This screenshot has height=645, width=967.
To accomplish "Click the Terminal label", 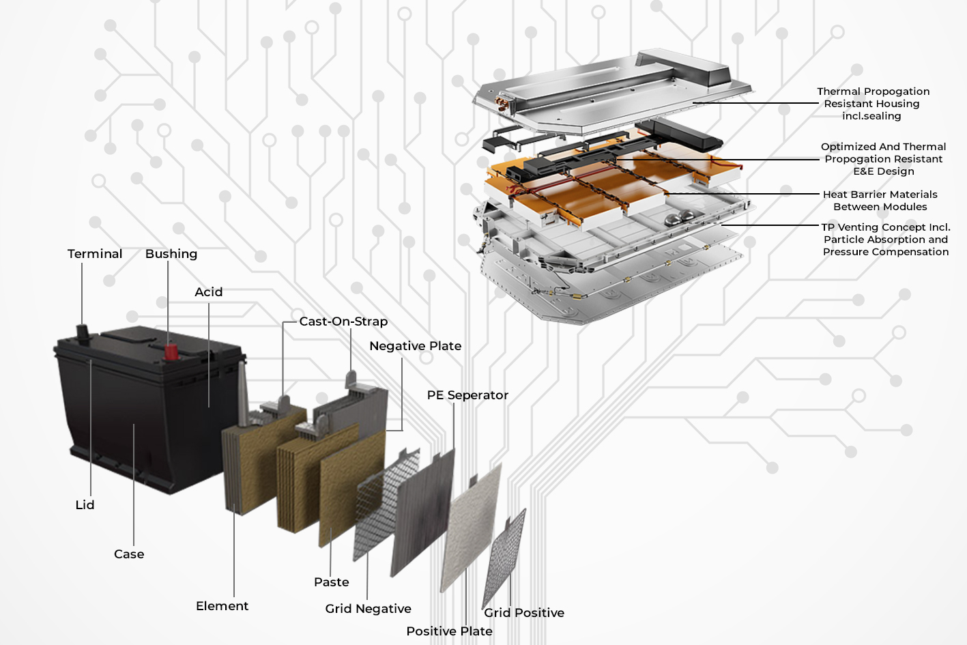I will click(95, 254).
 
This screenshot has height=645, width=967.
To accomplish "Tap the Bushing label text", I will click(171, 254).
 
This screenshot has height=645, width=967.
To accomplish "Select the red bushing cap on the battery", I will click(171, 352).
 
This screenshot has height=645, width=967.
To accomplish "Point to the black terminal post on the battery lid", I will click(83, 332).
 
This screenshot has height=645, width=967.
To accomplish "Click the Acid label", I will click(208, 292).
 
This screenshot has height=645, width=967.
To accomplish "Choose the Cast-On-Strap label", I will click(343, 321).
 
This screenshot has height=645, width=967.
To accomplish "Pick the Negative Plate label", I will click(415, 346).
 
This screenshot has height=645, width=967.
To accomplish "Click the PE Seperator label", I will click(467, 395).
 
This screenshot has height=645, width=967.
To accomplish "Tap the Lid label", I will click(85, 505).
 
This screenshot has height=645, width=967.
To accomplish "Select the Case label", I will click(129, 554).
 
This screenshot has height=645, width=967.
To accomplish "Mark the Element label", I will click(222, 606).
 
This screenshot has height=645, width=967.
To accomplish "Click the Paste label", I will click(331, 582).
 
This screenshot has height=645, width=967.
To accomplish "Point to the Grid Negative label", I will click(368, 609).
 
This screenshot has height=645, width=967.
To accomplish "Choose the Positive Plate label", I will click(449, 631).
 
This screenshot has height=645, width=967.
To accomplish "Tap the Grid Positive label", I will click(524, 613).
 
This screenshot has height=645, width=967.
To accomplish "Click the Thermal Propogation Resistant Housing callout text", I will click(873, 104).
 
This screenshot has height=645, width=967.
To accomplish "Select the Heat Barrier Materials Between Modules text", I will click(880, 201).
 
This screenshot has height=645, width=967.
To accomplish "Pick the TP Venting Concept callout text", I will click(885, 240).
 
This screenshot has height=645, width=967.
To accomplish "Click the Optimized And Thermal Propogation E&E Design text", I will click(883, 159).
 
